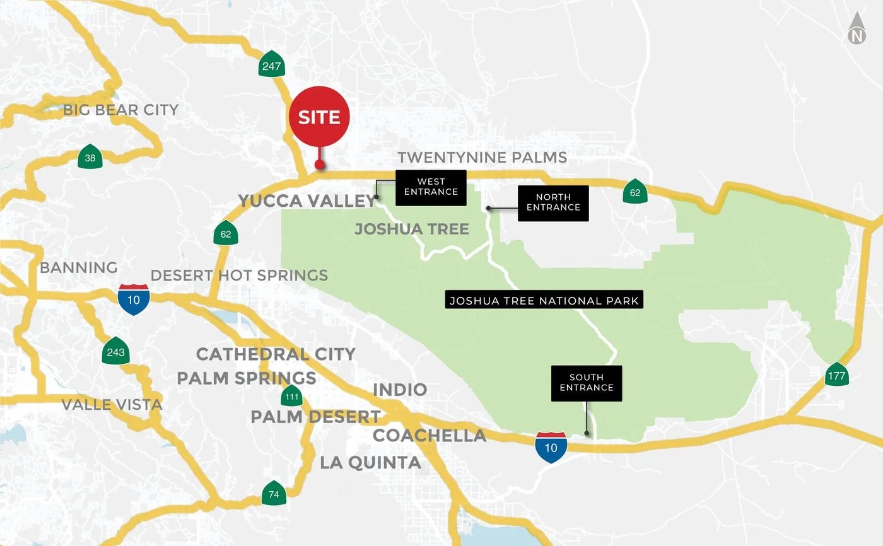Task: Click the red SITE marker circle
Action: pyautogui.click(x=319, y=117)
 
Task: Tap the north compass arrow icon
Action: pyautogui.click(x=857, y=30)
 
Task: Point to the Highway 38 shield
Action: pyautogui.click(x=90, y=158)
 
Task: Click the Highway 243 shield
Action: pyautogui.click(x=116, y=352)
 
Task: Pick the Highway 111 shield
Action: pyautogui.click(x=291, y=397)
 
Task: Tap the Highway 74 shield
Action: pyautogui.click(x=274, y=494)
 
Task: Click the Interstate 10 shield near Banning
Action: pyautogui.click(x=134, y=299)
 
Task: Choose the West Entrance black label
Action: pyautogui.click(x=431, y=187)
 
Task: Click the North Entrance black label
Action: pyautogui.click(x=553, y=202)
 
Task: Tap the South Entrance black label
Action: pyautogui.click(x=587, y=383)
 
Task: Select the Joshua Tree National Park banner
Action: pyautogui.click(x=544, y=300)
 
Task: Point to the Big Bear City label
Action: pyautogui.click(x=120, y=110)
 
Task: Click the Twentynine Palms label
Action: pyautogui.click(x=482, y=157)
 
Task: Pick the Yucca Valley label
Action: pyautogui.click(x=307, y=201)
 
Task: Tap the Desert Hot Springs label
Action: pyautogui.click(x=239, y=276)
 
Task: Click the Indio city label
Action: pyautogui.click(x=400, y=389)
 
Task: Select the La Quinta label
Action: pyautogui.click(x=370, y=462)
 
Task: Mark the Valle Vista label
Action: pyautogui.click(x=112, y=404)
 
